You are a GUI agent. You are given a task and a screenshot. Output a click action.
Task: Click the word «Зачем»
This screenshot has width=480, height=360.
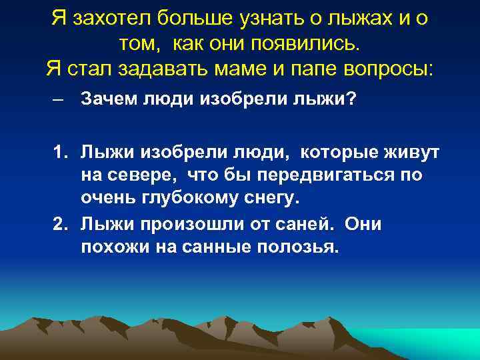point(108,99)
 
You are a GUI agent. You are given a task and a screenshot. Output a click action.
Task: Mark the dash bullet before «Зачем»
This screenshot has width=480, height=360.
point(60,100)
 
